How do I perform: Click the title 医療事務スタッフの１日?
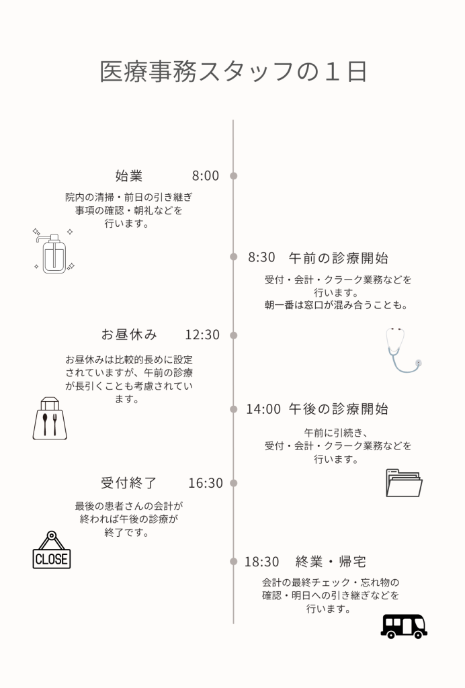pos(232,72)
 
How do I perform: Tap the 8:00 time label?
pos(206,176)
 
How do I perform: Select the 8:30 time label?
pos(262,257)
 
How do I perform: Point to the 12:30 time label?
pos(202,335)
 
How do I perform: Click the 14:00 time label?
pos(263,408)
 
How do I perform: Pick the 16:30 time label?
pos(206,483)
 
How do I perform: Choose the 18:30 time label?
pos(261,562)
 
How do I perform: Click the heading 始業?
pos(129,176)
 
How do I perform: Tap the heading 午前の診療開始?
pos(338,257)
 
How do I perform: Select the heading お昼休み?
pos(129,335)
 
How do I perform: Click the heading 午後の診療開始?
pos(339,408)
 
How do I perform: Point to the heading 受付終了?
pos(129,483)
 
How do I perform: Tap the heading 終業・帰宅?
pos(331,562)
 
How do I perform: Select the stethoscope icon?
pos(403,349)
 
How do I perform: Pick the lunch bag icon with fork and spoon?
pos(50,419)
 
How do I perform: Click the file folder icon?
pos(404,483)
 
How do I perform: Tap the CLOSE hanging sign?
pos(52,550)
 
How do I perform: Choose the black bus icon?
pos(404,626)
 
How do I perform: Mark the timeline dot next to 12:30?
pos(234,335)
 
